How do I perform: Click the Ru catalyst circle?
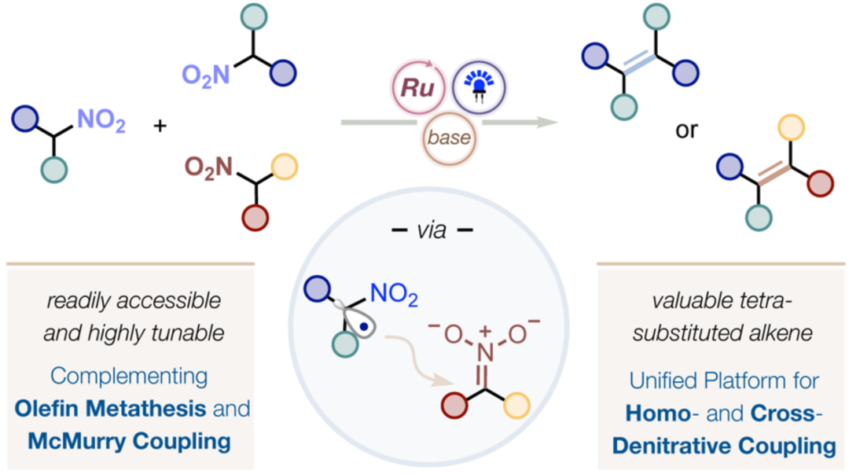point(418,87)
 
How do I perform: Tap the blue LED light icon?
point(479,86)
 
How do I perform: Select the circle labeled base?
point(449,138)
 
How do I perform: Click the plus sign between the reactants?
point(160,127)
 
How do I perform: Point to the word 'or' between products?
point(686,130)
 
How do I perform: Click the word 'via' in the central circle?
point(432,230)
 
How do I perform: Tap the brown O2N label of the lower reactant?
point(208,168)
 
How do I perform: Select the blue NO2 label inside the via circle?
point(394,294)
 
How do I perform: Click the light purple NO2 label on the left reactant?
point(101,119)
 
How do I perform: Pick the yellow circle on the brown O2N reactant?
point(285,167)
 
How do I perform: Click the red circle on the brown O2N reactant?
point(255,218)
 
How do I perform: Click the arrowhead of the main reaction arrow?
point(547,123)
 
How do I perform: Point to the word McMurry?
point(75,442)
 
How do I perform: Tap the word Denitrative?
point(671,446)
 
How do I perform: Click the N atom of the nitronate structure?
point(485,353)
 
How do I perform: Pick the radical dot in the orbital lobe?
point(365,327)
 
